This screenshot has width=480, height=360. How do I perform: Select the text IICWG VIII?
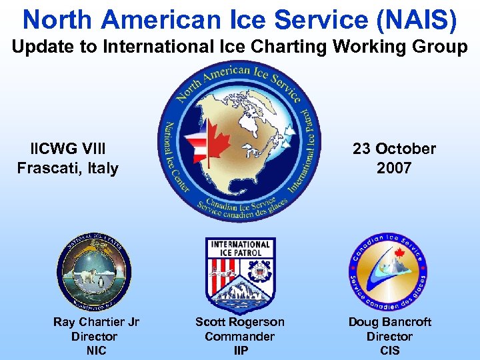click(68, 149)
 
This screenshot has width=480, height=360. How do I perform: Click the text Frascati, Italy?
click(68, 168)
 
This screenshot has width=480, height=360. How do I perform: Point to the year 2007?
click(394, 168)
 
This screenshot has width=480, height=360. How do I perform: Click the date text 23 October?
click(394, 149)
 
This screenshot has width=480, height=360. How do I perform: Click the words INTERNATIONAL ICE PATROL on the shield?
click(239, 248)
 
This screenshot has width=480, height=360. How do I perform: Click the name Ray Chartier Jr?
click(96, 322)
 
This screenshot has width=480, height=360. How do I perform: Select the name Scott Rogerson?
click(239, 322)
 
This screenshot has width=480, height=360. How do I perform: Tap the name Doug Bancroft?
click(389, 322)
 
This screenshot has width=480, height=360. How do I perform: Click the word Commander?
click(239, 337)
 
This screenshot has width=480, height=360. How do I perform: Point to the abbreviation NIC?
click(96, 351)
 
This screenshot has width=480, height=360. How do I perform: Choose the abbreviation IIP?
click(239, 351)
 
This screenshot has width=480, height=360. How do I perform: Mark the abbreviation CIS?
click(389, 351)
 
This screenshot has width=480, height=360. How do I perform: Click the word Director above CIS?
click(389, 337)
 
